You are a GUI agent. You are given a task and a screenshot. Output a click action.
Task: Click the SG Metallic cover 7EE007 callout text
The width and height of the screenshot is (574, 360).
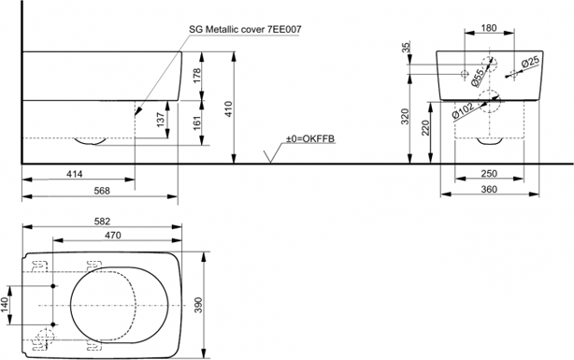(245, 29)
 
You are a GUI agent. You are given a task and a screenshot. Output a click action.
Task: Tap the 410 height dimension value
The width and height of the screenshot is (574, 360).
(228, 108)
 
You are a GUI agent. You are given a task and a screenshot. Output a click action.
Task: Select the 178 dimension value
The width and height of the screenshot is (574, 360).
(197, 76)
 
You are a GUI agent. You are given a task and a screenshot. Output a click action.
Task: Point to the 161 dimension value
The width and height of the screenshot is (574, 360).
(197, 123)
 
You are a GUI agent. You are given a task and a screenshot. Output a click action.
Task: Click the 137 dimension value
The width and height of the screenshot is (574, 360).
(161, 120)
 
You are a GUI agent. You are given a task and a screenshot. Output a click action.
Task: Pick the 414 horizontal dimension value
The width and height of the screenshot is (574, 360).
(74, 174)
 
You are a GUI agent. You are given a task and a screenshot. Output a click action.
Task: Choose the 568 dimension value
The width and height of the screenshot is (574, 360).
(102, 191)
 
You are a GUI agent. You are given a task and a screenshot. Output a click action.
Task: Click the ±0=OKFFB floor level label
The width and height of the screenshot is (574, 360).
(310, 138)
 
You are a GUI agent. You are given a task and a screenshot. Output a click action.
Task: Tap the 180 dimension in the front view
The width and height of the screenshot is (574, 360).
(489, 28)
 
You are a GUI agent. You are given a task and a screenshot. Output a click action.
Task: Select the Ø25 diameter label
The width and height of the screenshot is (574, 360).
(530, 62)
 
